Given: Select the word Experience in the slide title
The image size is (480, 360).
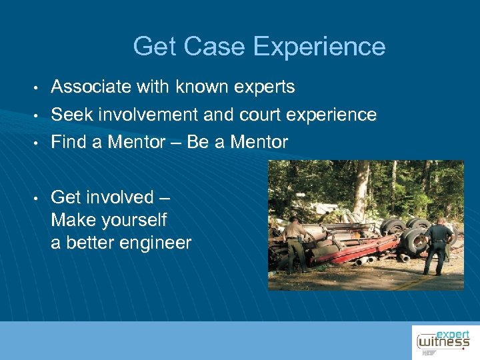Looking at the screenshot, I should pos(319,47).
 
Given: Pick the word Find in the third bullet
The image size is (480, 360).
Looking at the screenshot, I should pos(68,142).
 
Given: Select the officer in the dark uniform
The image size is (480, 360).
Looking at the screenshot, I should pos(439,245).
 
